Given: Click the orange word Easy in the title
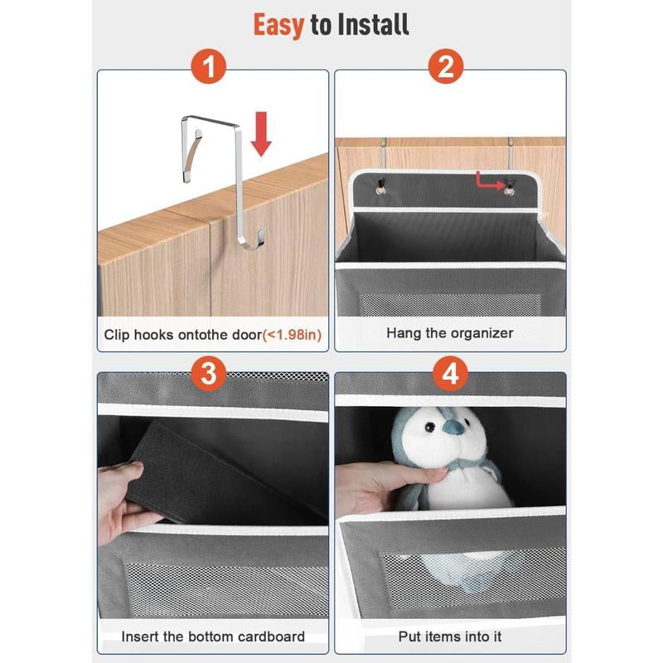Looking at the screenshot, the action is pos(278,26).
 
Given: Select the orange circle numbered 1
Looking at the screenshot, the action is pos(209,66).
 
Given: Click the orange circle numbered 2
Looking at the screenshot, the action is pos(446,66).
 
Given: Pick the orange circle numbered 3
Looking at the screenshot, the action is pos(209,374).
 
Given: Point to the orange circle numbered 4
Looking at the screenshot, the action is pos(450,374).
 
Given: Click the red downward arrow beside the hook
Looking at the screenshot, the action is pos(261,134).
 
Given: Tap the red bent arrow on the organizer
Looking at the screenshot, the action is pos(490,180).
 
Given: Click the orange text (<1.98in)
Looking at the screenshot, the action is pos(292,335).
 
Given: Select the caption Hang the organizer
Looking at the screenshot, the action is pos(449,333).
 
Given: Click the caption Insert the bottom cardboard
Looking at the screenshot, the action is pos(213,636).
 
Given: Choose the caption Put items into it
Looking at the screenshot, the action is pos(449,636).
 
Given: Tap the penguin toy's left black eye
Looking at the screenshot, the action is pos(430,427).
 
